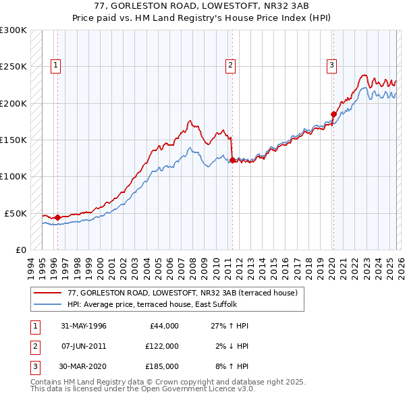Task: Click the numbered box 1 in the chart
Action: click(55, 65)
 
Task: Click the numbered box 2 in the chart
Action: click(231, 65)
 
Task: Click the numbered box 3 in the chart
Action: click(332, 65)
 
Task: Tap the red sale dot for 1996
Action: click(57, 217)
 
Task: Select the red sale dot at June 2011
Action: click(232, 160)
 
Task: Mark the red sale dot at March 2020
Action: click(333, 114)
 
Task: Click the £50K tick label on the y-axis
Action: click(16, 213)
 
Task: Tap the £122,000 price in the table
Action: click(161, 347)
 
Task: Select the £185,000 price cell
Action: click(161, 368)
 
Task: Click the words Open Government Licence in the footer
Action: click(187, 389)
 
